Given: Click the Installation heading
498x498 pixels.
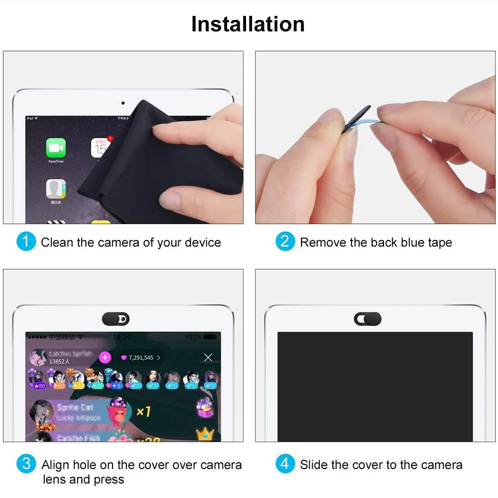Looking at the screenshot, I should tap(248, 24).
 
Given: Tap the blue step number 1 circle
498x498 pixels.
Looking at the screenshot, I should tap(26, 242).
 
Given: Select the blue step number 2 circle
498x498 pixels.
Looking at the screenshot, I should tap(285, 242).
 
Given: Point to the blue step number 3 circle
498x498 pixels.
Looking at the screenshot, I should tap(26, 464).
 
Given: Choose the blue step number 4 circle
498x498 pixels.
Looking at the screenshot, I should tap(285, 464).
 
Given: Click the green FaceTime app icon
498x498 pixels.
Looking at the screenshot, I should tap(56, 148).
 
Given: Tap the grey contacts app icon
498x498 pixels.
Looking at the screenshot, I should tap(56, 189).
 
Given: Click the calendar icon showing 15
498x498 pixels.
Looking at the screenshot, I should tap(101, 148).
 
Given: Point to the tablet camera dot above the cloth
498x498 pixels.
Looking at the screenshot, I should tap(123, 103).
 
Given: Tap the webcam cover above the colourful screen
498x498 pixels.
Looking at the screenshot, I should tap(116, 319).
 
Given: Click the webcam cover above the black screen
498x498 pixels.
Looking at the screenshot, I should tap(368, 319).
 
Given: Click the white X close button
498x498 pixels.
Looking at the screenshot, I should tap(208, 357).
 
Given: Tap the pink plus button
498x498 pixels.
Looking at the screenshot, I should tap(105, 357).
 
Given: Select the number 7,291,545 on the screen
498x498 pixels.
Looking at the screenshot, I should tap(141, 358).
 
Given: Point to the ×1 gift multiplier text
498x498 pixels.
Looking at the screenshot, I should tap(143, 411).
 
